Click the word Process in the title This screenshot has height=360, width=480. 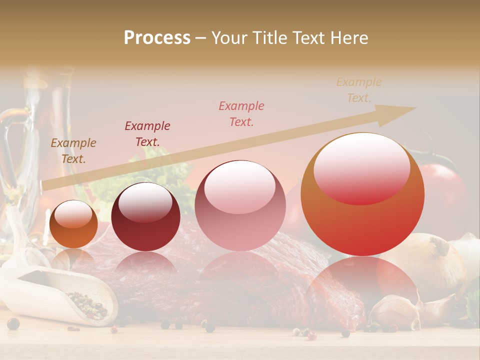(157, 38)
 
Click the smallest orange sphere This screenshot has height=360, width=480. (74, 224)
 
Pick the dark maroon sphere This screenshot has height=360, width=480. (145, 217)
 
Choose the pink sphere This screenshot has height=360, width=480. (240, 206)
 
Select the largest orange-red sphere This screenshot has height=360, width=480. (362, 194)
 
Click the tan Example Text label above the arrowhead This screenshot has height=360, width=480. (358, 90)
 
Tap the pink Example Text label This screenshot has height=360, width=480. (241, 113)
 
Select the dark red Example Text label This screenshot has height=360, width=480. (147, 133)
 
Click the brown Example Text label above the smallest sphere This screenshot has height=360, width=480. (73, 151)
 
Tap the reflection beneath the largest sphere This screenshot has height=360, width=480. (362, 285)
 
